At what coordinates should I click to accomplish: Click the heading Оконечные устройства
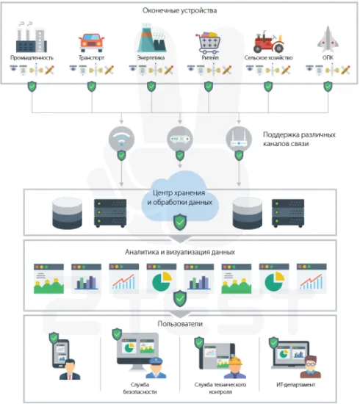(x=180, y=10)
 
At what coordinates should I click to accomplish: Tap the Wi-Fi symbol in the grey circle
(x=122, y=139)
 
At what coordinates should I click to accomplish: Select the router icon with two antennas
(x=237, y=138)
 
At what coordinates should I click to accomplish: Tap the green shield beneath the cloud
(x=179, y=220)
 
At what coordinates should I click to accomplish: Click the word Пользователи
(x=180, y=322)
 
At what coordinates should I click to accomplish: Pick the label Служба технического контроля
(x=220, y=389)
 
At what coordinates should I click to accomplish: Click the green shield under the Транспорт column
(x=91, y=87)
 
